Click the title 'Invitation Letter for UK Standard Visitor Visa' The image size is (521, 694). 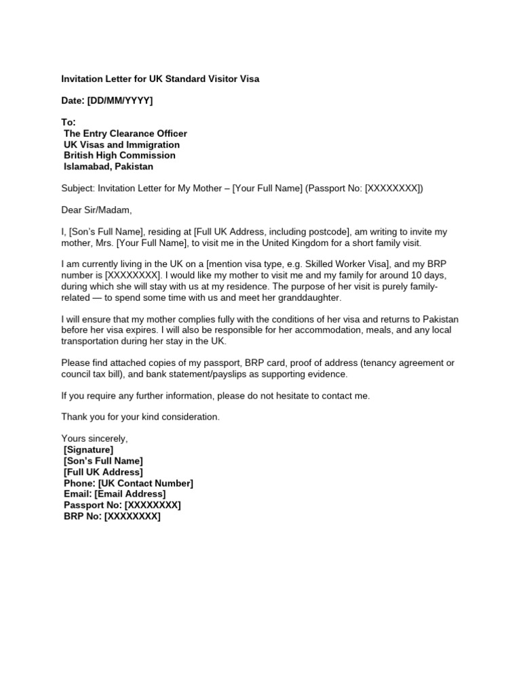(x=160, y=79)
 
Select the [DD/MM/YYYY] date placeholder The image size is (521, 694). (x=120, y=101)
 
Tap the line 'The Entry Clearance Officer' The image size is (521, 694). (x=126, y=134)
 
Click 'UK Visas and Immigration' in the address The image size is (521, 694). (x=121, y=144)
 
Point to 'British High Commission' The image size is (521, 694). (x=119, y=155)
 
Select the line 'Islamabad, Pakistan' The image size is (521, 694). (x=109, y=166)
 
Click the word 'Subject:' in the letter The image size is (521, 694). (x=78, y=188)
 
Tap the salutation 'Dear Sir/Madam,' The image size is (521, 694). (x=96, y=210)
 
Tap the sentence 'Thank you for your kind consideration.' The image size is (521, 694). (x=140, y=417)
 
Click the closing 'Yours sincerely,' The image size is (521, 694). (x=94, y=438)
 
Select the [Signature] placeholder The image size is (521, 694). (x=88, y=449)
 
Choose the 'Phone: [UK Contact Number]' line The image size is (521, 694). (x=128, y=483)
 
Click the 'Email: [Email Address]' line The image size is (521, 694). (x=114, y=494)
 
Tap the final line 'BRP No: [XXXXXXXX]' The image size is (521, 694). (x=112, y=516)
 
